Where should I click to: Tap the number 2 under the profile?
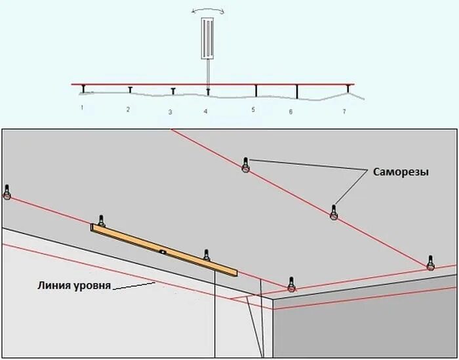coord(128,110)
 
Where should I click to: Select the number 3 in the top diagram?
coord(170,113)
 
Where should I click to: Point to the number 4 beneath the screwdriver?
coord(205,112)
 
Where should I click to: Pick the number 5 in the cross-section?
coord(252,110)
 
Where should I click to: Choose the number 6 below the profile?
coord(290,112)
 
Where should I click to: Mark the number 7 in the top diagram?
coord(344,112)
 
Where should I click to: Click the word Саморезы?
coord(401,172)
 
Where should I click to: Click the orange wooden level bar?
coord(164,249)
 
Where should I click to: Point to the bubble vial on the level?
coord(161,250)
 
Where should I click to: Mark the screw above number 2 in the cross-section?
coord(130,89)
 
